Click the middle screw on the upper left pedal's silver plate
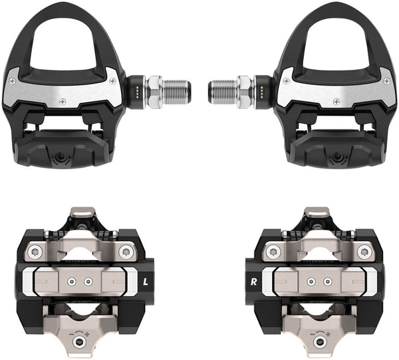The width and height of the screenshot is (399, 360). (x=63, y=100)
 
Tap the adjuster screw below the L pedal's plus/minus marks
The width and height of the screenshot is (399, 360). (x=80, y=343)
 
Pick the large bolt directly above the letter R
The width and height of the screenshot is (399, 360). (x=271, y=252)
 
